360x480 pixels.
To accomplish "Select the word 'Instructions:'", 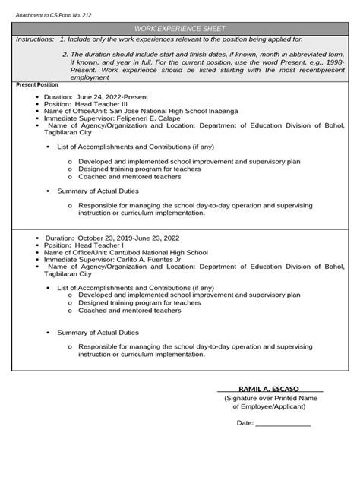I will click(x=35, y=38).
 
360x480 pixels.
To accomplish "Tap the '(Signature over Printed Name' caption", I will click(x=270, y=398).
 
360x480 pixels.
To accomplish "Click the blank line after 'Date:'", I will click(x=283, y=423).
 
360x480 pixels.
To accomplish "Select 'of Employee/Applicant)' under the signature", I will click(x=269, y=406).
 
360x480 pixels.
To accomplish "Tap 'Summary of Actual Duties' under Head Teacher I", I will click(x=98, y=332).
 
